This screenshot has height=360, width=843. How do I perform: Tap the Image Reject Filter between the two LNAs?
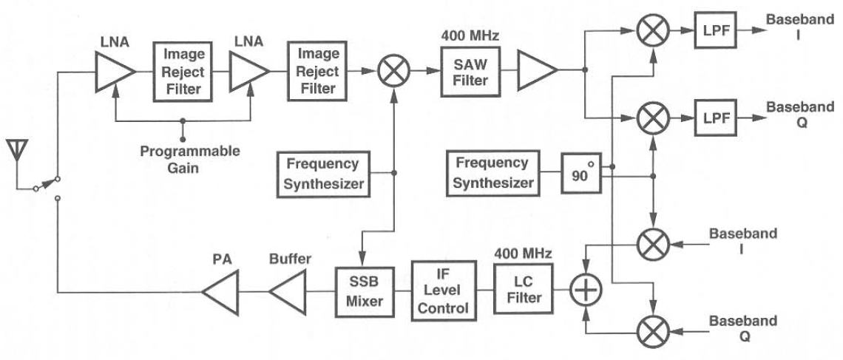(x=180, y=72)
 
